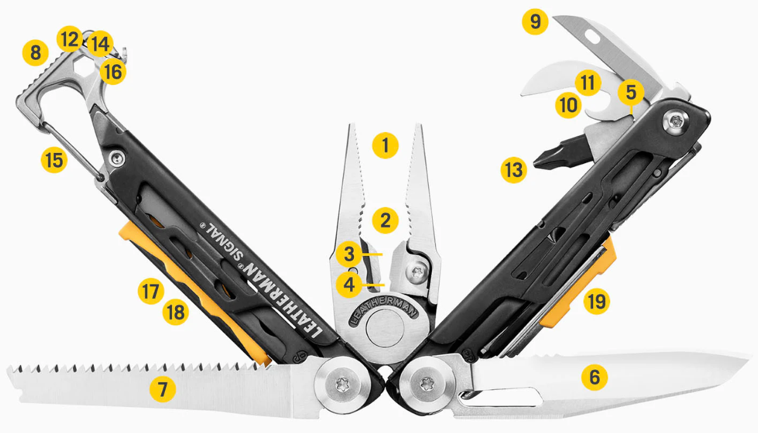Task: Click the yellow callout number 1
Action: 385,145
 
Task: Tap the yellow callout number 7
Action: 162,389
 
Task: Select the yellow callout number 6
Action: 594,377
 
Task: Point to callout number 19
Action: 596,302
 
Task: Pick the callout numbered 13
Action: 513,170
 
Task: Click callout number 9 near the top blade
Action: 535,22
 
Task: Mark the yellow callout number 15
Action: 54,159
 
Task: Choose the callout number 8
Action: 36,52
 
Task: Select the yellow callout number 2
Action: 385,220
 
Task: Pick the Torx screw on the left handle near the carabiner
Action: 116,157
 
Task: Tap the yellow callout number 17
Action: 150,291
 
